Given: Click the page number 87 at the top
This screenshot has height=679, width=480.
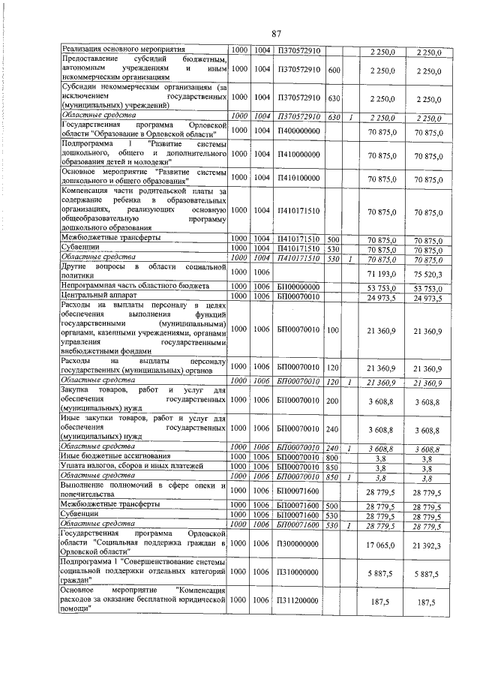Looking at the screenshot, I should pos(276,33).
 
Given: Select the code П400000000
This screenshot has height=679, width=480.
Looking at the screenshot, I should pos(298,131).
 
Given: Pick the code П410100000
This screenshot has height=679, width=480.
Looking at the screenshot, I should pos(298,177).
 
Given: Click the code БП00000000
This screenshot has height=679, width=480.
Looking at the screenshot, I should pos(298,287).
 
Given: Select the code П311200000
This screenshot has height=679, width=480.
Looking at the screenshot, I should pos(298,601).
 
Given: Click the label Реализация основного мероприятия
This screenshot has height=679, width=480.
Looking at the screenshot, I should pos(123,50).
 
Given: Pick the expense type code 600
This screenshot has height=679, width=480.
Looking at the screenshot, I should pos(334,70).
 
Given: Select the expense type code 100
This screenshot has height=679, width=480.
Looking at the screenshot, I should pos(334,329).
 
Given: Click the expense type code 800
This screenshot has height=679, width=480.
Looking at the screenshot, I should pos(334,456).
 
